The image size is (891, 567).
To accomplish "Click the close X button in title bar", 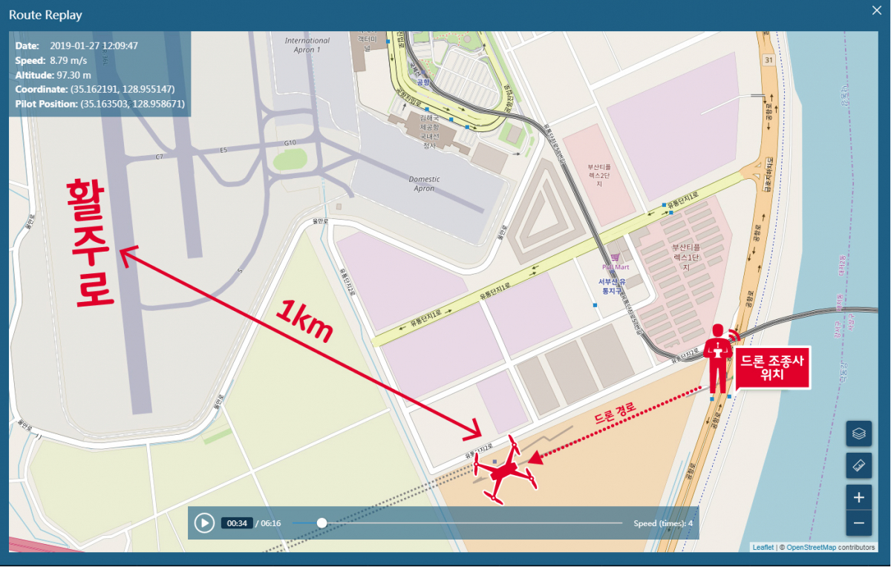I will tap(877, 11).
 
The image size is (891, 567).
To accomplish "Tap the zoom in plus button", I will tap(858, 497).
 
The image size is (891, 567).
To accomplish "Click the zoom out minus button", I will tap(858, 522).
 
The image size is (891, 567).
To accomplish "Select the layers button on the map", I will tap(858, 433).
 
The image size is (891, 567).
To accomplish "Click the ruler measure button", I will tap(858, 465).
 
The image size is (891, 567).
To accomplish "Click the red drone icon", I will tap(507, 469).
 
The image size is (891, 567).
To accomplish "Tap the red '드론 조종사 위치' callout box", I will tap(773, 368).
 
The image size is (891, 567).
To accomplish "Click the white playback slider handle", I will tap(322, 523).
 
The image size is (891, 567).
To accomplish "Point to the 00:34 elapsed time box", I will tap(237, 523).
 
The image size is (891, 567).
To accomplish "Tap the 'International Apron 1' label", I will tap(307, 45).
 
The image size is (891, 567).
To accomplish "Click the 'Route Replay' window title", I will tap(45, 15).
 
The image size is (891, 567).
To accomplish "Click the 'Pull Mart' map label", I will tap(616, 266).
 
